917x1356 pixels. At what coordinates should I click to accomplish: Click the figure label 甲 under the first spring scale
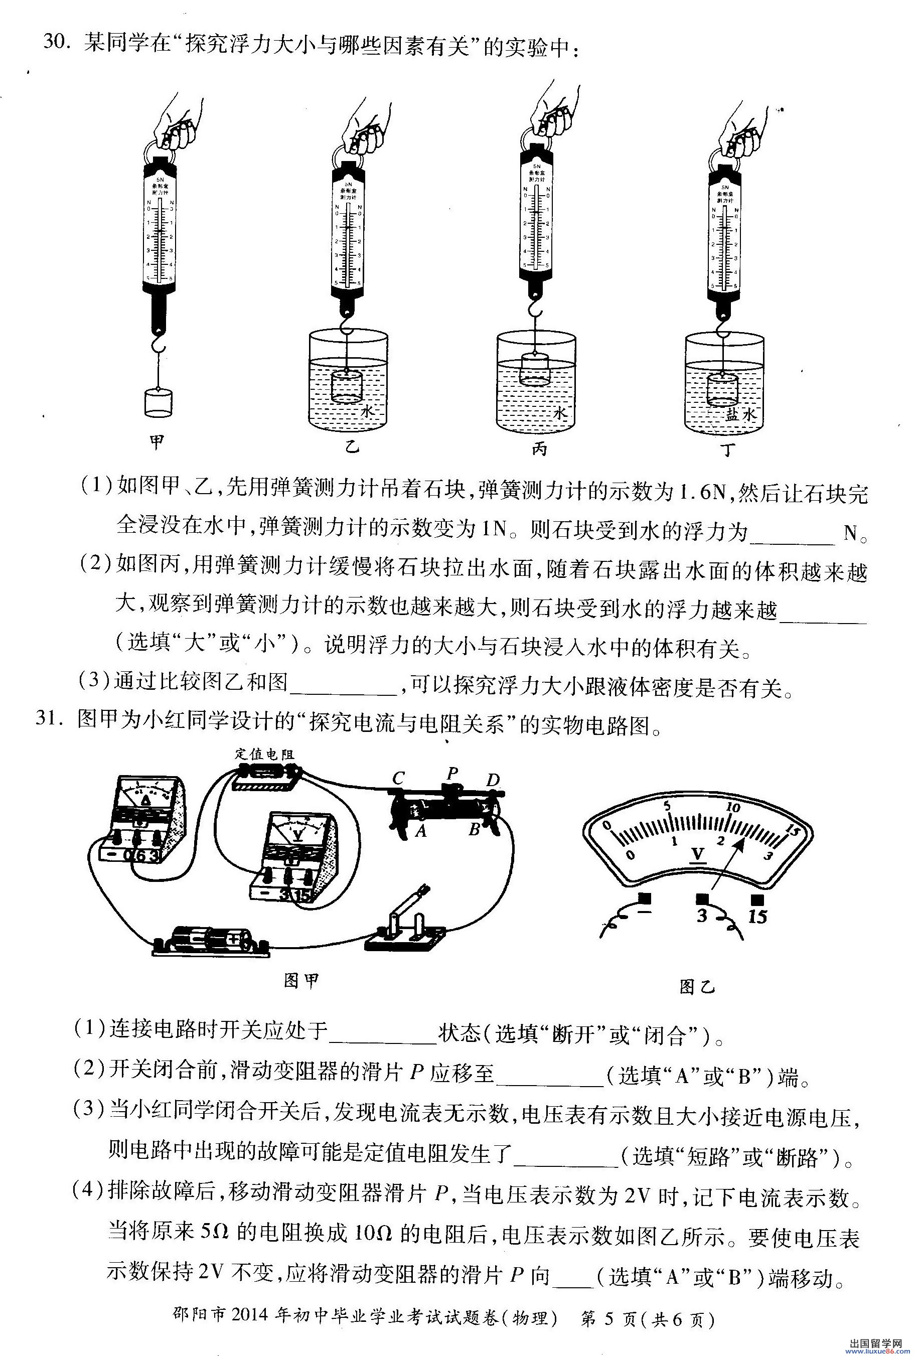(157, 443)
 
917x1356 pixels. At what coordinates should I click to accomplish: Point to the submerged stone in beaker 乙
(347, 386)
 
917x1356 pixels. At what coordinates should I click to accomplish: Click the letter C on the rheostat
(399, 778)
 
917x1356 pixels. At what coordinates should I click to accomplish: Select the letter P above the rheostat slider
(451, 773)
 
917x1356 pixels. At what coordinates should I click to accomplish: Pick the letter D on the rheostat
(493, 780)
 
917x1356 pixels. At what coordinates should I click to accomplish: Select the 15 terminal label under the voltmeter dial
(757, 917)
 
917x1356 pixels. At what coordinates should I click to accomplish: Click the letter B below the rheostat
(474, 830)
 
